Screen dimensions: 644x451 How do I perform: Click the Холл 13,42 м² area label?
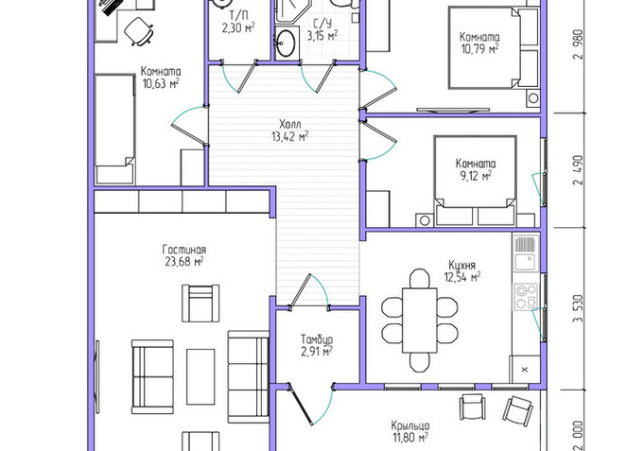[290, 130]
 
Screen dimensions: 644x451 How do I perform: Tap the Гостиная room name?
[184, 250]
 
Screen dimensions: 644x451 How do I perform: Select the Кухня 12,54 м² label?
[462, 271]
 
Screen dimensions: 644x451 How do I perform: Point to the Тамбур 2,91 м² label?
[317, 345]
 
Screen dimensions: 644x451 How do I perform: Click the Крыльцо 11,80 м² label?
[410, 432]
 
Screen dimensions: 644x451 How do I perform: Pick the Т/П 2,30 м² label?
[238, 22]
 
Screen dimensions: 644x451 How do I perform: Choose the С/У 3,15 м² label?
[322, 29]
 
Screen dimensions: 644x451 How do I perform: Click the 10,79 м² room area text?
[479, 49]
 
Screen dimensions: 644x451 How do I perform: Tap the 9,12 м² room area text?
[476, 176]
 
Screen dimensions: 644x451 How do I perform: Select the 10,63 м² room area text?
[161, 83]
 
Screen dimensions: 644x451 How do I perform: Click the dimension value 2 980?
[579, 44]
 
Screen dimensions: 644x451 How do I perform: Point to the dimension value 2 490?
[579, 170]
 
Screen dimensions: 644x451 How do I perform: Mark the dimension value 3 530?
[579, 309]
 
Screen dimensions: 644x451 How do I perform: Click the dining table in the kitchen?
[419, 321]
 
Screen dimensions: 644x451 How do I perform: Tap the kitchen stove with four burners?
[526, 296]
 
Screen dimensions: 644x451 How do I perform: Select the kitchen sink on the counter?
[526, 262]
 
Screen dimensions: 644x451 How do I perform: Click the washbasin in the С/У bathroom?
[286, 43]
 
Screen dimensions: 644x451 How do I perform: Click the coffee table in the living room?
[200, 377]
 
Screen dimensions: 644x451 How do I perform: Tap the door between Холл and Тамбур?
[309, 291]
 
